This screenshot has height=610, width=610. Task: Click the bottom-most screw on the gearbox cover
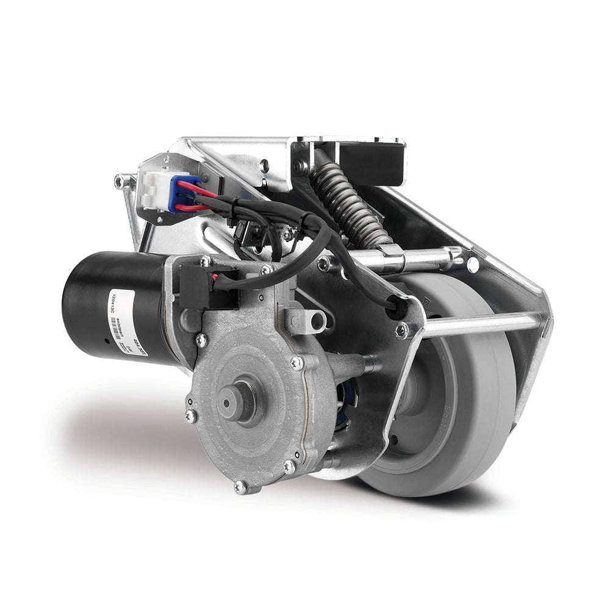[x=239, y=486]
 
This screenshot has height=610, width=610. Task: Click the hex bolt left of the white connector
[x=120, y=179]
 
